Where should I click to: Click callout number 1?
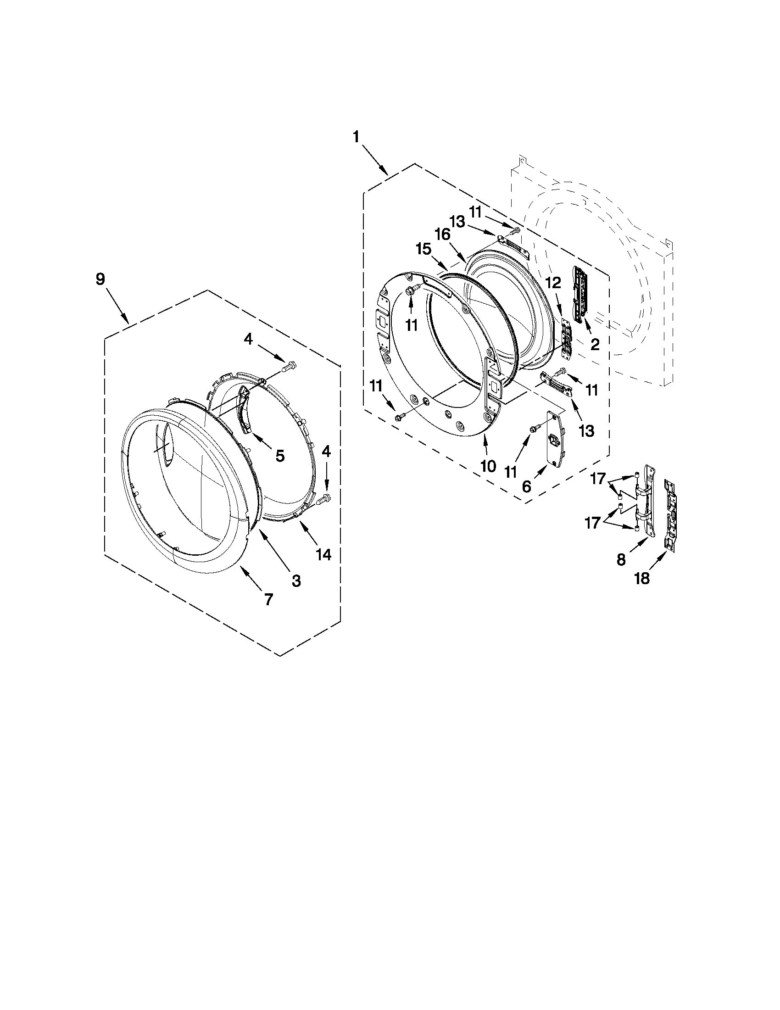coord(356,137)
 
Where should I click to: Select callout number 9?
coord(100,279)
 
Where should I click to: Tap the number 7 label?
coord(268,600)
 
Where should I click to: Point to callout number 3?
coord(296,580)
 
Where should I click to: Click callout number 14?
coord(323,554)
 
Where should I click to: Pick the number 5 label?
coord(280,456)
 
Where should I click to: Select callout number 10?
coord(488,466)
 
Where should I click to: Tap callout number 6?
coord(527,485)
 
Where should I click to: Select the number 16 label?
coord(442,234)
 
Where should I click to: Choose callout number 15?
coord(423,250)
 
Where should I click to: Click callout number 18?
coord(642,578)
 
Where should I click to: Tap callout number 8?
coord(621,559)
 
